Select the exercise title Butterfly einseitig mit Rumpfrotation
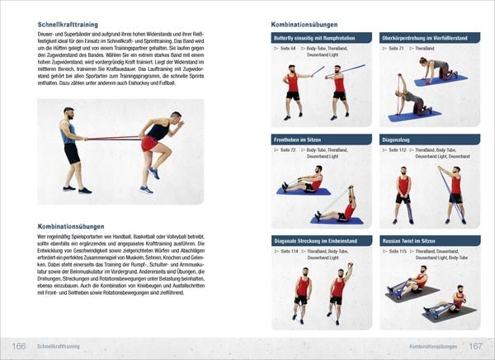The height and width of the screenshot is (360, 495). (320, 38)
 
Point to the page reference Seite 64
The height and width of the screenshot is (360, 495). (288, 49)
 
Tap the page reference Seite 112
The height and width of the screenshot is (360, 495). (397, 150)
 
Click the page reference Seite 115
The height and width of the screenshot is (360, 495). (397, 251)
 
